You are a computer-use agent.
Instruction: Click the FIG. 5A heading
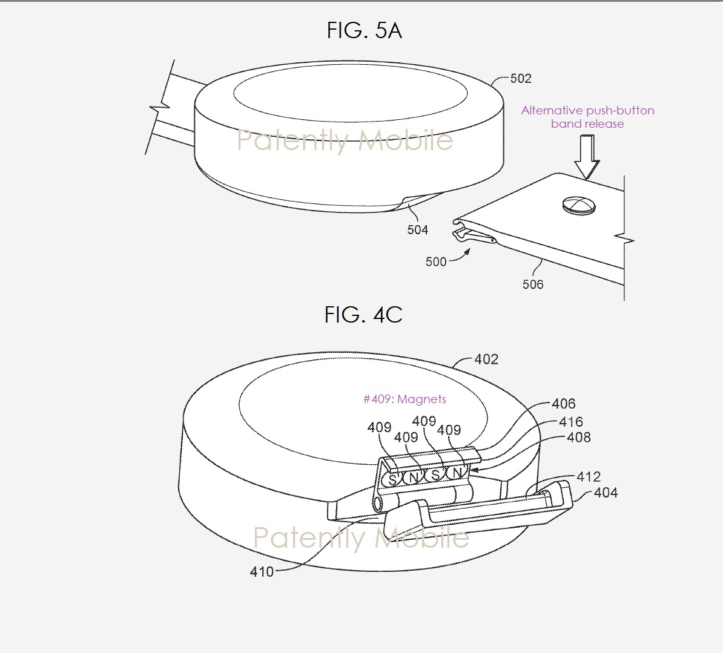coord(365,30)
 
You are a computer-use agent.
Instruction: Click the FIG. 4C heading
coord(363,315)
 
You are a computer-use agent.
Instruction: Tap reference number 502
coord(521,78)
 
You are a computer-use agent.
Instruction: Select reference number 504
coord(417,229)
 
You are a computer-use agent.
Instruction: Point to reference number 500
coord(436,262)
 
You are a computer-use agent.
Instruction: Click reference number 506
coord(533,284)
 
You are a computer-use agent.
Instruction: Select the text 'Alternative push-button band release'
coord(587,117)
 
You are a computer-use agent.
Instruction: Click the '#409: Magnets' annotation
coord(404,399)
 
